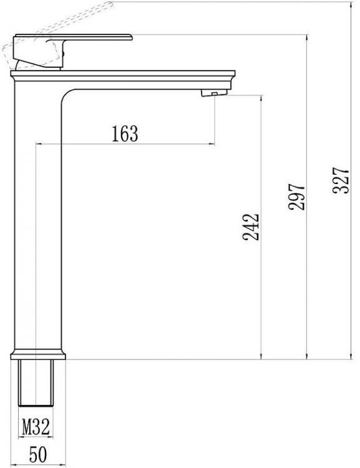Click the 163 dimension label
(x=124, y=133)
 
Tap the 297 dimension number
(x=298, y=197)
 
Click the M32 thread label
(x=37, y=427)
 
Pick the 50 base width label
(x=37, y=455)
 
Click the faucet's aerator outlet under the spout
(x=211, y=94)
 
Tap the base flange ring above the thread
(x=37, y=356)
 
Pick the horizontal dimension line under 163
(x=125, y=144)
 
